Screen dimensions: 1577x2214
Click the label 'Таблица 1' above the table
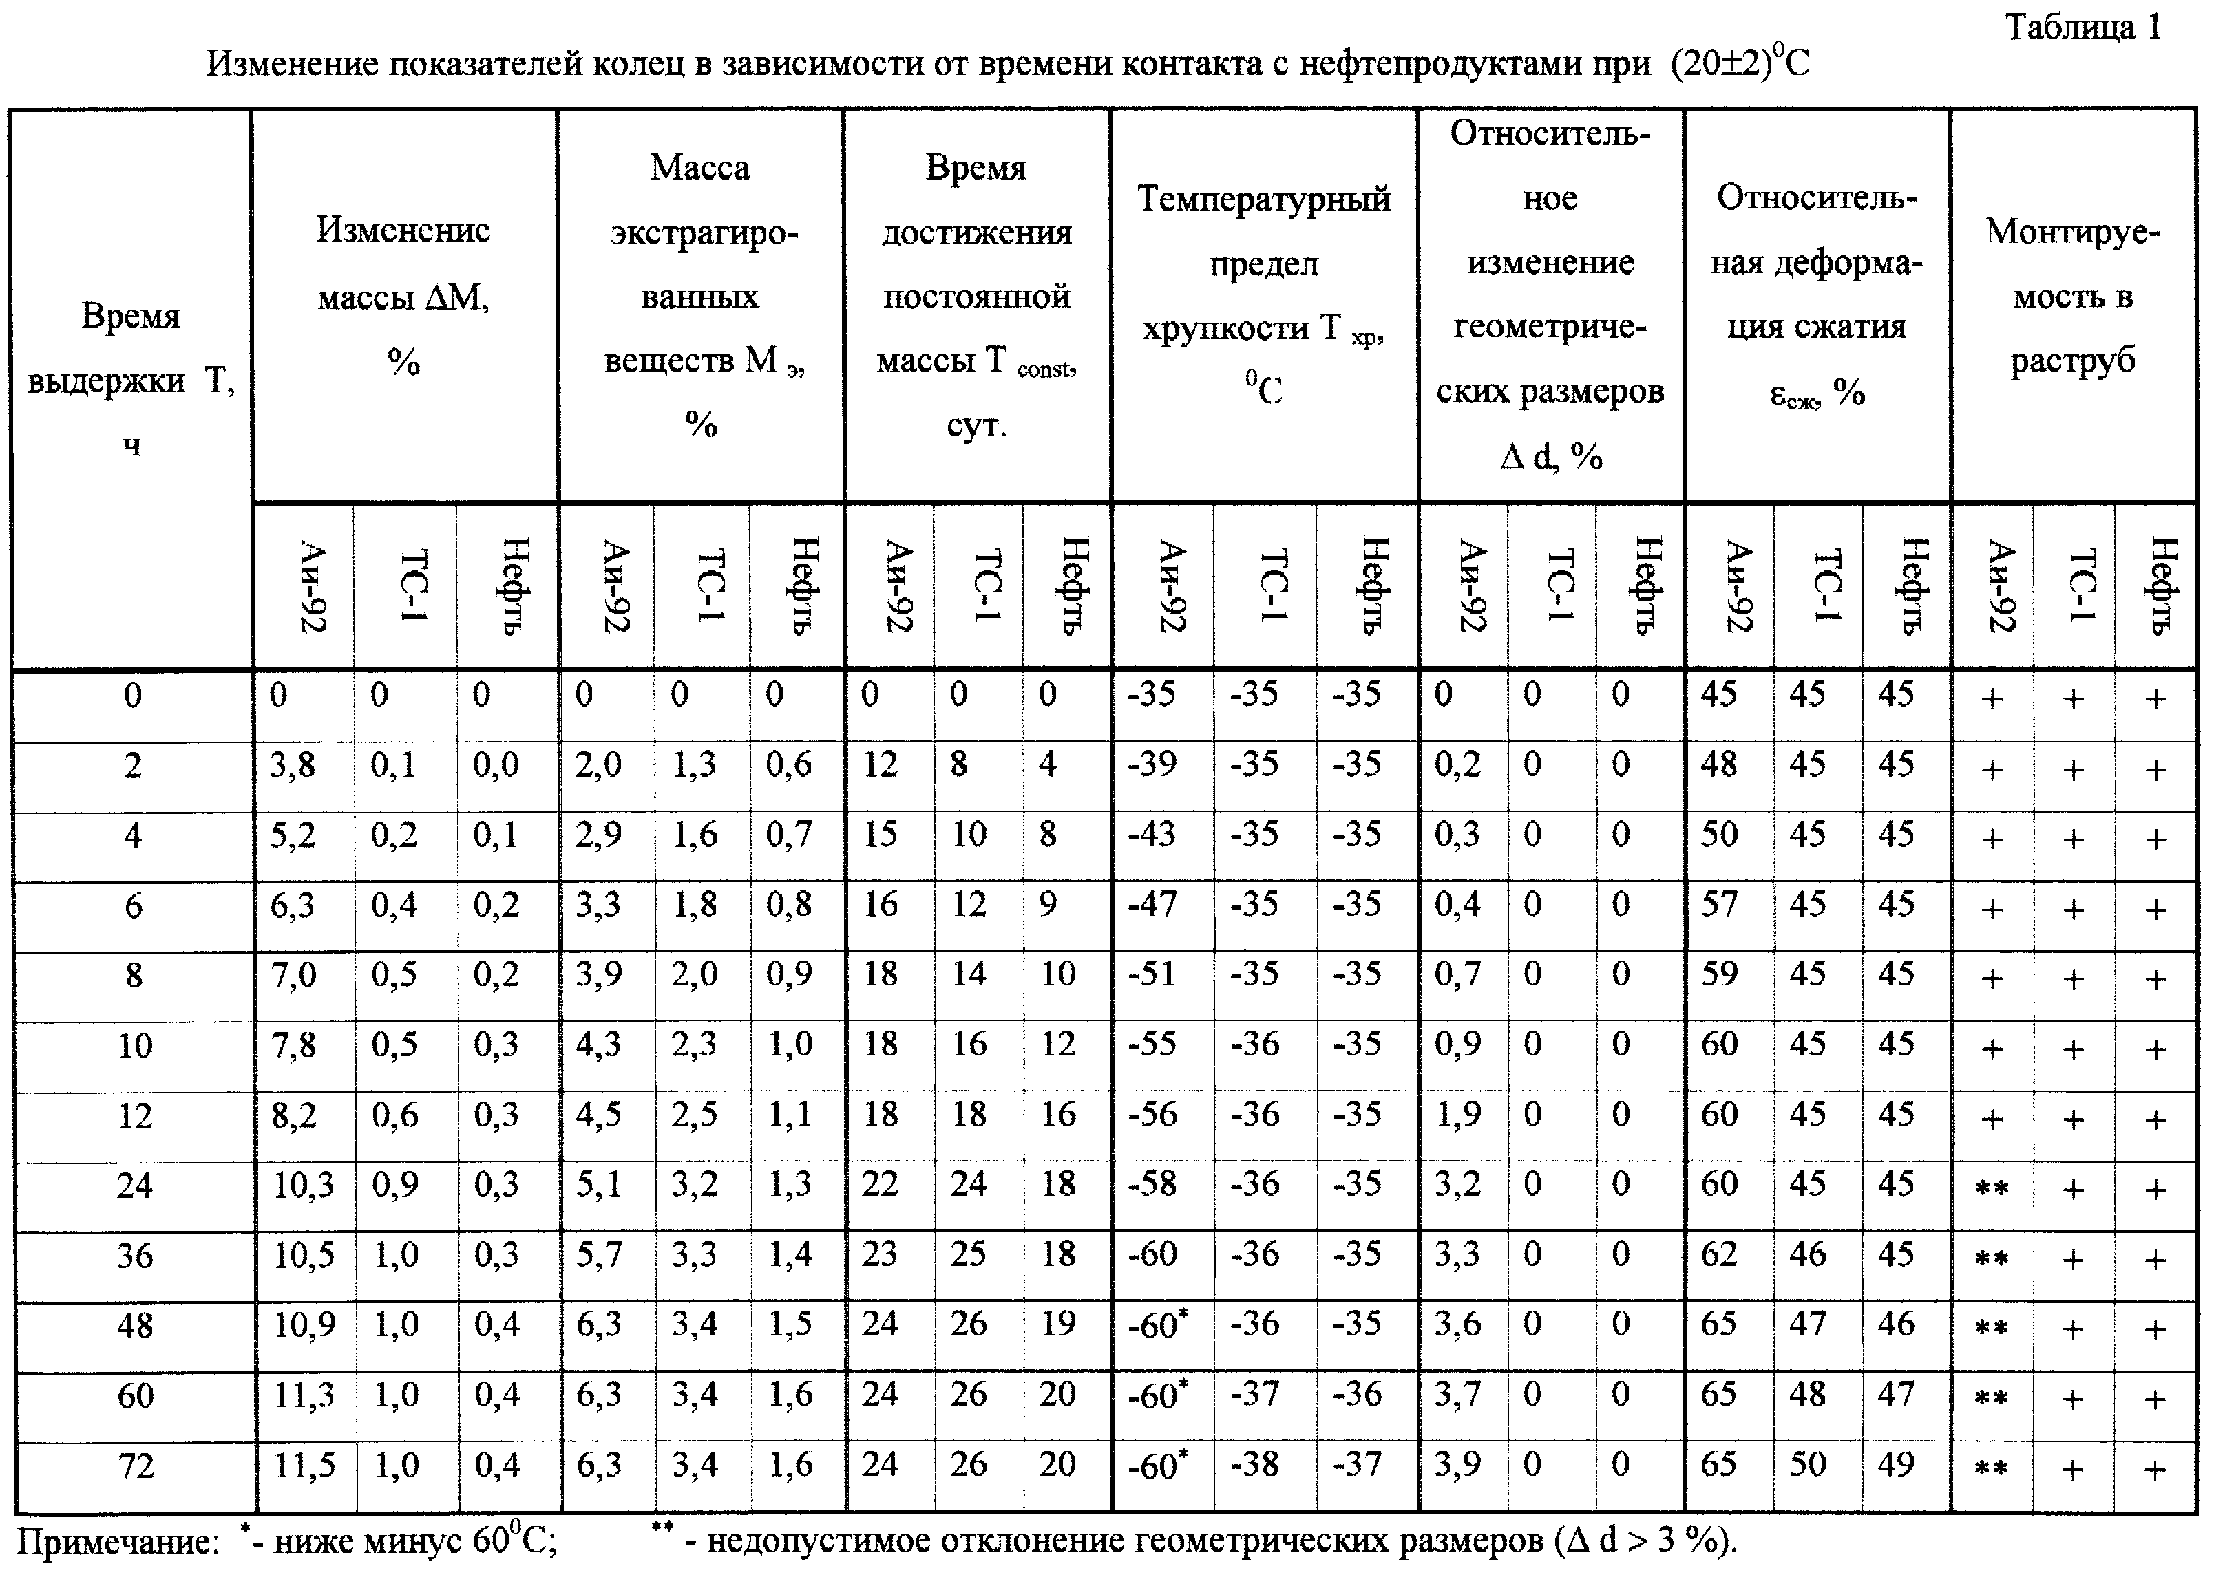2083,28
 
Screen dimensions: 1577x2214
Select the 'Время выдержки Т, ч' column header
131,378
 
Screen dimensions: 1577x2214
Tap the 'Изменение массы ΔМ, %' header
403,295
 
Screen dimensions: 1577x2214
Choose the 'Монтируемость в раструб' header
2072,295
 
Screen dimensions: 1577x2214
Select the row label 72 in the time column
135,1466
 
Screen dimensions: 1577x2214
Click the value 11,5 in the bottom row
303,1466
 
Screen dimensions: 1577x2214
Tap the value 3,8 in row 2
293,765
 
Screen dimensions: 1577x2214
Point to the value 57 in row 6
1718,905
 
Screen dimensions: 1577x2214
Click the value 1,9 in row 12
1457,1115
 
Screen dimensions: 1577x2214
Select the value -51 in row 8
1152,975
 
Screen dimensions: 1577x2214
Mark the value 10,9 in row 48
303,1325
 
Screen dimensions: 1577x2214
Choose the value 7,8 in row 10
293,1045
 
